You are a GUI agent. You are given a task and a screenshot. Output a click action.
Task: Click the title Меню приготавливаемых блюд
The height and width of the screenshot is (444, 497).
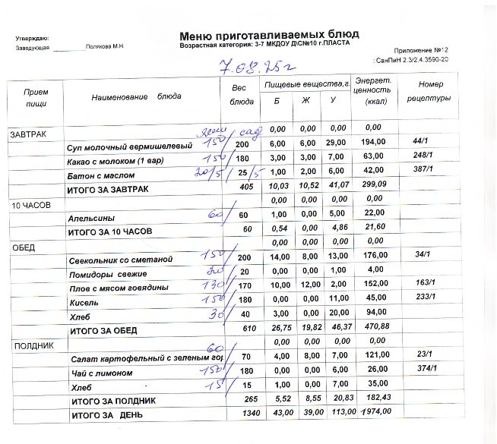point(269,35)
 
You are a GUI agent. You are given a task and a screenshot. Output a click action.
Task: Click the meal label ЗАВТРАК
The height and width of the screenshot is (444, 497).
point(28,134)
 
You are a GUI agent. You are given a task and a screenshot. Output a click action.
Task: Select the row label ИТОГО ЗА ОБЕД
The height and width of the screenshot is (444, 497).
point(103,331)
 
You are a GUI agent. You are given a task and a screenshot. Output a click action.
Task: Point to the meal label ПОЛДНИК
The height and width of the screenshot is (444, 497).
point(29,345)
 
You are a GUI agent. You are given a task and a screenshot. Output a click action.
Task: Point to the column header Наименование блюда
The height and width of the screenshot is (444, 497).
point(137,97)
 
